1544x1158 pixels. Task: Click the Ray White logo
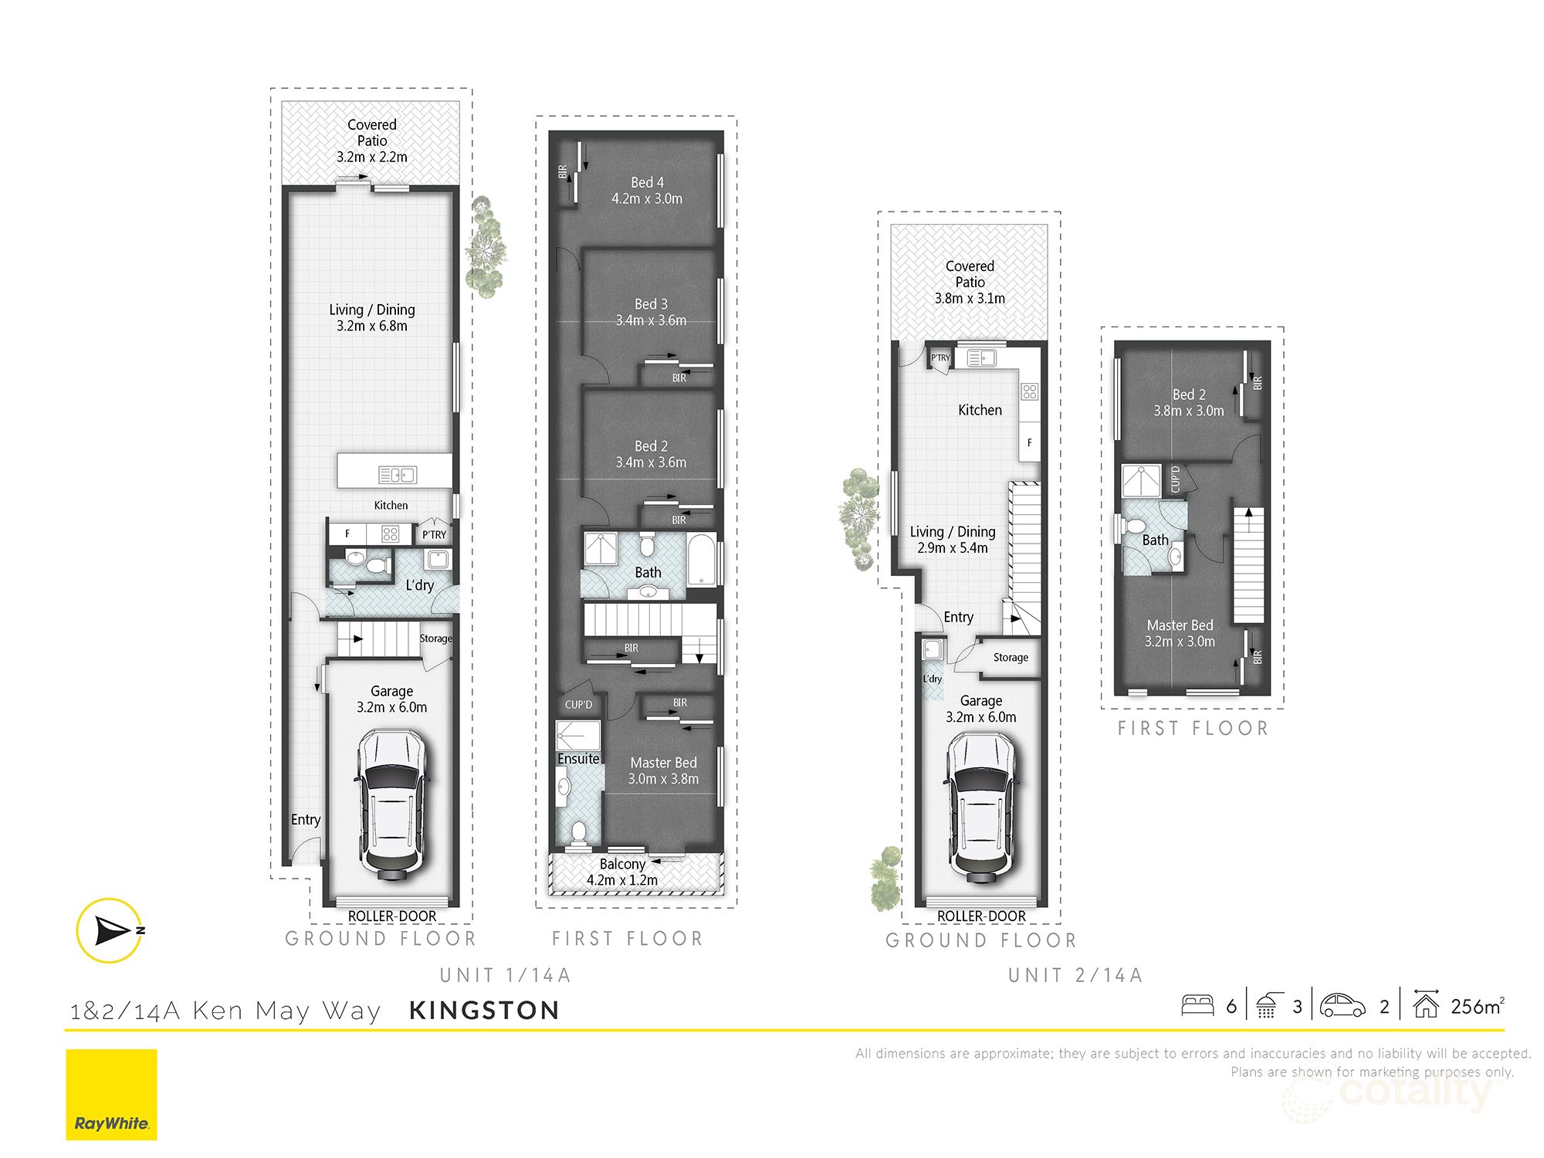[111, 1094]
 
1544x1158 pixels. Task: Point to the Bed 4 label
[647, 190]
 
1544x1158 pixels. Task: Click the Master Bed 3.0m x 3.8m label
[663, 770]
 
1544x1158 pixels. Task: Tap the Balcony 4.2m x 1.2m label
[622, 872]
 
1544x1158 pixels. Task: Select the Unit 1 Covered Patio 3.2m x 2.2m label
[371, 141]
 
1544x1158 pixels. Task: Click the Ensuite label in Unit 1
[578, 759]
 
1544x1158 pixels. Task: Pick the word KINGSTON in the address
[484, 1010]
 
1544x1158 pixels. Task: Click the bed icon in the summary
[1197, 1005]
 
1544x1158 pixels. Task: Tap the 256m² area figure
[1477, 1006]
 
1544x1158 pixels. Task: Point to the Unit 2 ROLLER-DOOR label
[981, 916]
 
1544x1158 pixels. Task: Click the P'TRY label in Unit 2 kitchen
[940, 357]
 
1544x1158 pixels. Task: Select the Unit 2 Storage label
[1011, 657]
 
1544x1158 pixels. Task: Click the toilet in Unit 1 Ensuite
[578, 831]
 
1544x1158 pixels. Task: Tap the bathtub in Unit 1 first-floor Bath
[701, 559]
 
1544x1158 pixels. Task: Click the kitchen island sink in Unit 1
[397, 475]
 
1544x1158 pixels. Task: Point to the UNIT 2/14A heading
[1075, 975]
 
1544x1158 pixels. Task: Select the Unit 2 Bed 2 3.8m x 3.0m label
[1188, 402]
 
